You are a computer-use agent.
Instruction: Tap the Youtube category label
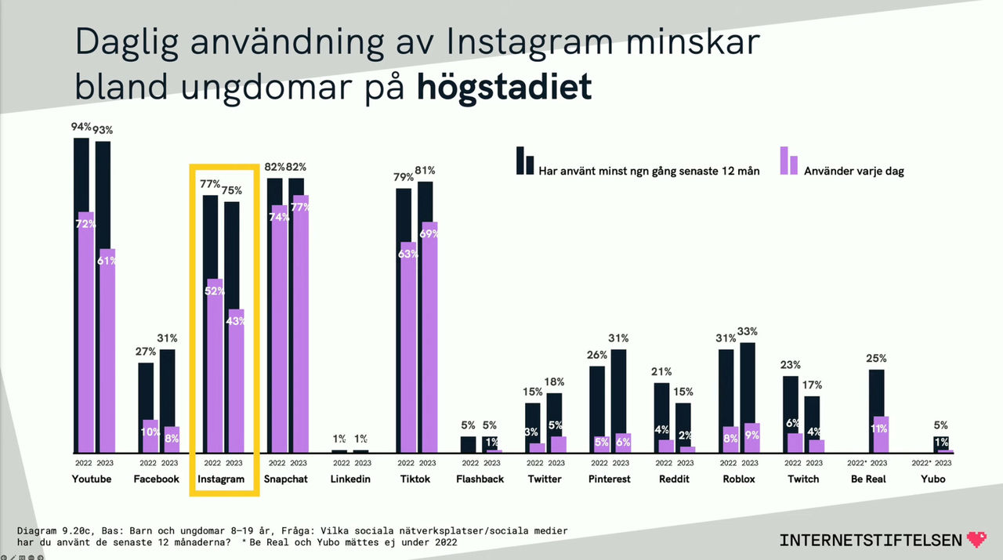[92, 479]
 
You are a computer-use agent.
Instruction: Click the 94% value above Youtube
[81, 127]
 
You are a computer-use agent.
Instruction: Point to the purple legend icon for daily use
[788, 161]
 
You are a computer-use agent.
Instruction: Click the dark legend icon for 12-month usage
[524, 161]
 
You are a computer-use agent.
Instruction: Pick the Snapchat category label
[285, 479]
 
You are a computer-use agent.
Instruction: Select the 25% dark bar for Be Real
[876, 392]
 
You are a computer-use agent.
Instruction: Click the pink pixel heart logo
[977, 539]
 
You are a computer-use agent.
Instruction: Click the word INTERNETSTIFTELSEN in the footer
[871, 540]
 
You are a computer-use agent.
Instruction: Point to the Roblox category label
[737, 479]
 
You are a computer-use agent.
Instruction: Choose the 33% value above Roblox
[748, 331]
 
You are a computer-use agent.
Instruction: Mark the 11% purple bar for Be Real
[880, 435]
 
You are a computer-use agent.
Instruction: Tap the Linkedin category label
[350, 479]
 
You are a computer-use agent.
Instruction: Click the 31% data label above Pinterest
[619, 338]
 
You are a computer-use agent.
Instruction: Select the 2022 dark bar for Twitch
[791, 403]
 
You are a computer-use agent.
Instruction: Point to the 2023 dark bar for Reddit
[683, 423]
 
